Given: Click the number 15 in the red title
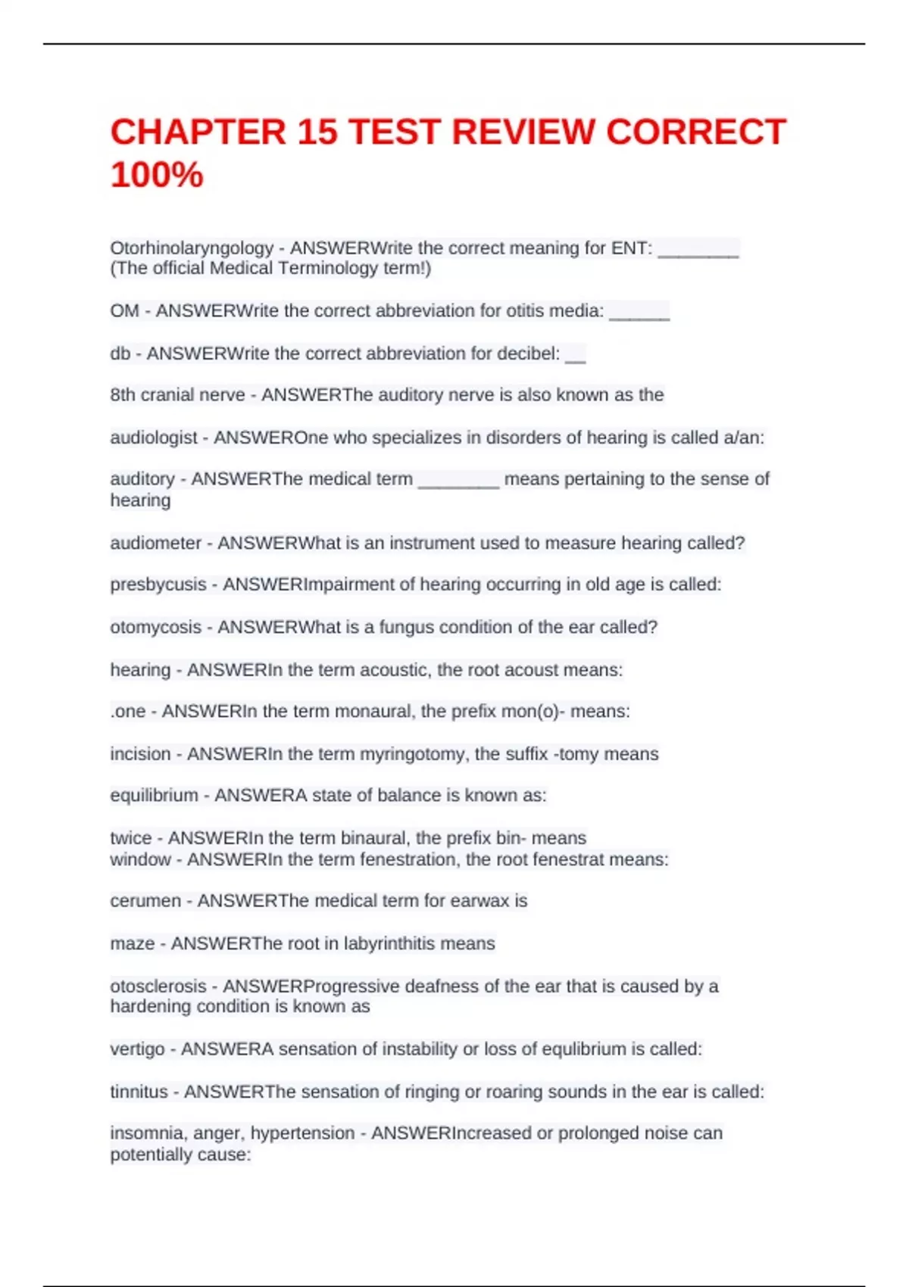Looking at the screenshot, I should (x=317, y=132).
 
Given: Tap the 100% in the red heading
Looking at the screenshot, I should (x=157, y=175).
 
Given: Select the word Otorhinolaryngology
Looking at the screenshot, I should (x=192, y=248).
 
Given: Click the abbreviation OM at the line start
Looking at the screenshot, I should (x=124, y=311).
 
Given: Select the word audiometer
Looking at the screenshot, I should (x=156, y=543).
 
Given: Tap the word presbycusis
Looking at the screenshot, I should (x=158, y=584).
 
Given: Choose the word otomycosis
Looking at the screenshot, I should (x=156, y=627).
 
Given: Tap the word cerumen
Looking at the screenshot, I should (x=145, y=901).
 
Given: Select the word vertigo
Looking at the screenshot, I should (x=137, y=1049).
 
